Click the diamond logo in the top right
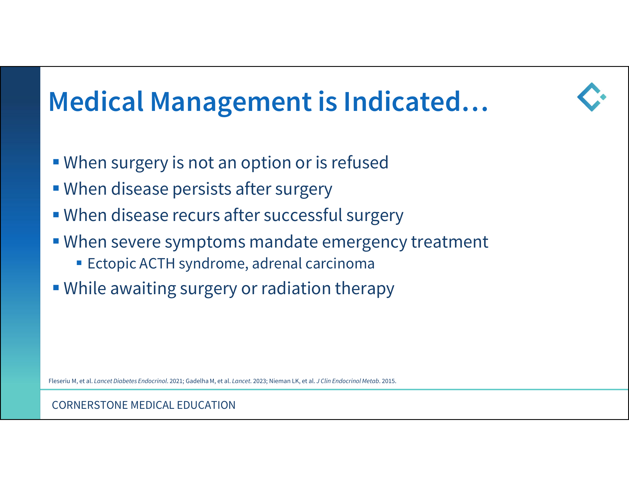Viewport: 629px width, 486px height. point(592,97)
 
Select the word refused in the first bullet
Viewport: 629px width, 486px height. point(360,162)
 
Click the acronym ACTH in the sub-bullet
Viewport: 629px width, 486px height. point(157,264)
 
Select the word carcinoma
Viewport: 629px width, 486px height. point(340,264)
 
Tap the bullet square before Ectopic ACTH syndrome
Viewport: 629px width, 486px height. point(79,262)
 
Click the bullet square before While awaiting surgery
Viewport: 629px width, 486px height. point(56,287)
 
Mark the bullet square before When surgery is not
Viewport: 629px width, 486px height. point(56,162)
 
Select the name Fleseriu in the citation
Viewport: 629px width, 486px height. point(59,381)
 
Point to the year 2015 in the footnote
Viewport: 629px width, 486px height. point(388,381)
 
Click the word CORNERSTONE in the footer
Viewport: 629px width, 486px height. point(90,405)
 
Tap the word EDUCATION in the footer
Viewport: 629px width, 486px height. point(206,405)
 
